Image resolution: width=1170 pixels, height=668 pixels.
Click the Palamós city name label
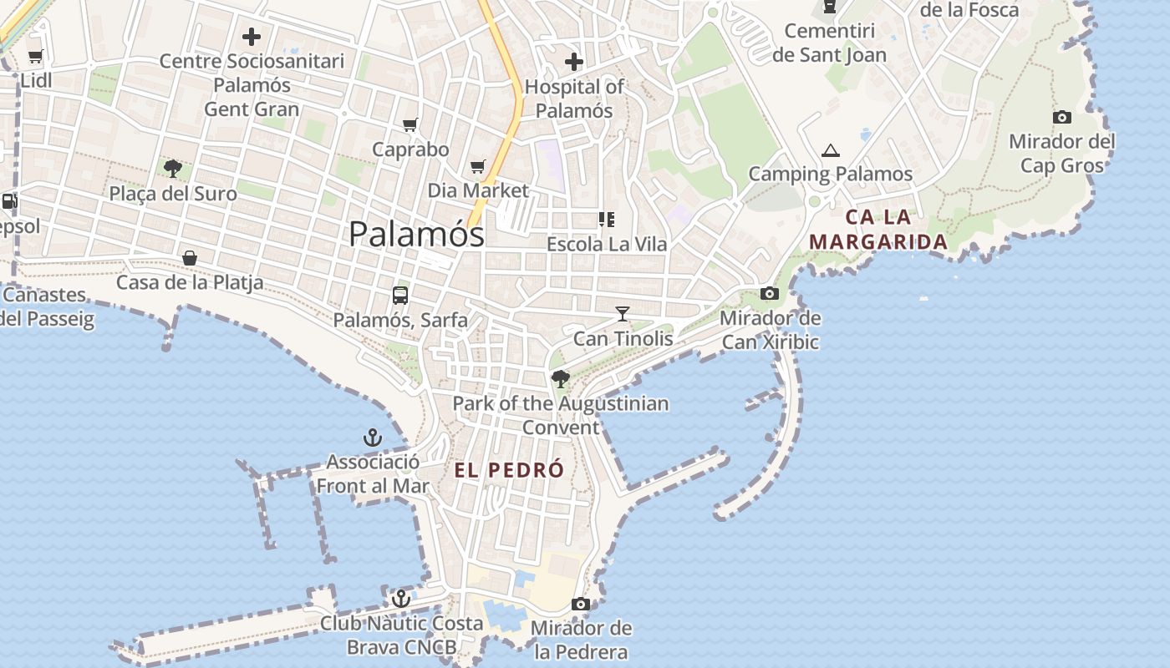(x=416, y=234)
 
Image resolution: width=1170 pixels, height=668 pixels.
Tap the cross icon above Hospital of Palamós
(x=574, y=61)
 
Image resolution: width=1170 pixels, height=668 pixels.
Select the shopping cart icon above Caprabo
(x=410, y=125)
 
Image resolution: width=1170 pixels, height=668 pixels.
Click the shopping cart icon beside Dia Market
(x=477, y=167)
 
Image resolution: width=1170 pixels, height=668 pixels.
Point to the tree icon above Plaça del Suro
(x=173, y=169)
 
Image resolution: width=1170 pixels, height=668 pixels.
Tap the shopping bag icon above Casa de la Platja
(x=190, y=258)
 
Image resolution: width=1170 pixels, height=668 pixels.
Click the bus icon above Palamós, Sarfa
(x=400, y=295)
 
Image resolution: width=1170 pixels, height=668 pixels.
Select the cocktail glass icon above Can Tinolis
(x=623, y=314)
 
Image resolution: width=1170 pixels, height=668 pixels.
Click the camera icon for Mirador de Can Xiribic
(x=770, y=293)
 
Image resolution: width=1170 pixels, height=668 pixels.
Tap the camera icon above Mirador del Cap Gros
(x=1062, y=117)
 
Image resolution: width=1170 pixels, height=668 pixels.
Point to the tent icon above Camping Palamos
(x=830, y=150)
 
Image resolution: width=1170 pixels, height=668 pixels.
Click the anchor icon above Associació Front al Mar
(x=372, y=438)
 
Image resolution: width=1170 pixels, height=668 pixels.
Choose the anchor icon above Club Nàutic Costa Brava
(x=401, y=599)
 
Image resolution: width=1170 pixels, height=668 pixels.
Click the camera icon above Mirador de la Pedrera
(x=581, y=604)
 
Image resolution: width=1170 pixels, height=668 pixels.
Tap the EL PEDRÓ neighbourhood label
(x=509, y=470)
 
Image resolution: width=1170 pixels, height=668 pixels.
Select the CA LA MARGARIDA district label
(x=878, y=230)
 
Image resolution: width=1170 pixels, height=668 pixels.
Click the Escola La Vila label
(x=607, y=244)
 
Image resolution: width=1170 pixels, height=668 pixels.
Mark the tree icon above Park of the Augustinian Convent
(x=560, y=379)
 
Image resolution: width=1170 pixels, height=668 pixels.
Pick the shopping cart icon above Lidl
(x=36, y=57)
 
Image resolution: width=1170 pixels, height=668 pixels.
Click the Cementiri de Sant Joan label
(x=829, y=43)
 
